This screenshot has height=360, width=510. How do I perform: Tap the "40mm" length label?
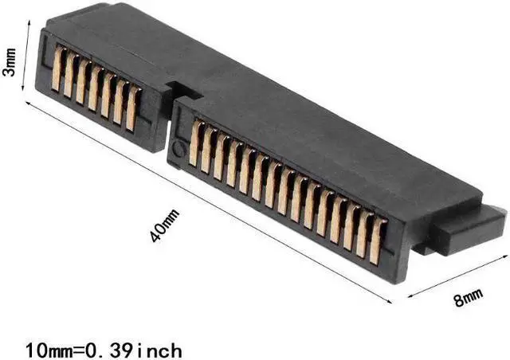click(x=165, y=224)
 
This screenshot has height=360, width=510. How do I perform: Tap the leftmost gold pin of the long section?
click(x=194, y=143)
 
